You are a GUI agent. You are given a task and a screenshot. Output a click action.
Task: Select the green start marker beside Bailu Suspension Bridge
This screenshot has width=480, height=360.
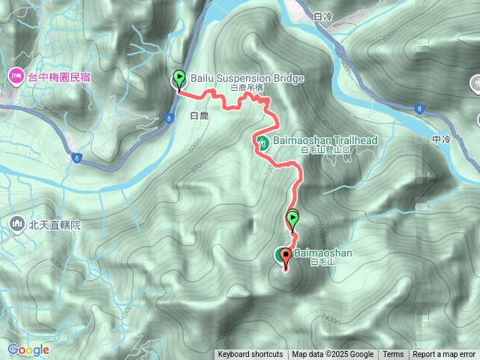tap(179, 77)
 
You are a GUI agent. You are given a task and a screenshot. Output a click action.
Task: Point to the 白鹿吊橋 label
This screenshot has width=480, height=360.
tap(247, 88)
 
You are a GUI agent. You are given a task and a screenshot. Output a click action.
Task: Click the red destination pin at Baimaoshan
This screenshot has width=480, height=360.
tap(285, 256)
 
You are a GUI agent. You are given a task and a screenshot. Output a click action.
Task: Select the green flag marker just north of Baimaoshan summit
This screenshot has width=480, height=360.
tap(292, 219)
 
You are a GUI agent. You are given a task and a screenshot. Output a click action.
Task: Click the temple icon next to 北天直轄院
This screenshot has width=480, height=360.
tap(16, 223)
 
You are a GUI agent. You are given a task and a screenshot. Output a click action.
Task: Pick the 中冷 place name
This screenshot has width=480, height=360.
tap(443, 139)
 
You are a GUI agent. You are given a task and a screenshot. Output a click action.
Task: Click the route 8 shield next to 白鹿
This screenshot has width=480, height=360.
tap(171, 117)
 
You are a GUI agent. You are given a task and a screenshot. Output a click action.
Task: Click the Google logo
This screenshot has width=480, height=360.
tap(28, 349)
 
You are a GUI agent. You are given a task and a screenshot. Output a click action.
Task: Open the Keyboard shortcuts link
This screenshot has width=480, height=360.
tap(250, 355)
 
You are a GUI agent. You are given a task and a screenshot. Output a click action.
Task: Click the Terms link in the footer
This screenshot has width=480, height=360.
tap(393, 355)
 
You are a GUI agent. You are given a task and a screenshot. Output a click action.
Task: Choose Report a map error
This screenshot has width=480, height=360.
tap(444, 355)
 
